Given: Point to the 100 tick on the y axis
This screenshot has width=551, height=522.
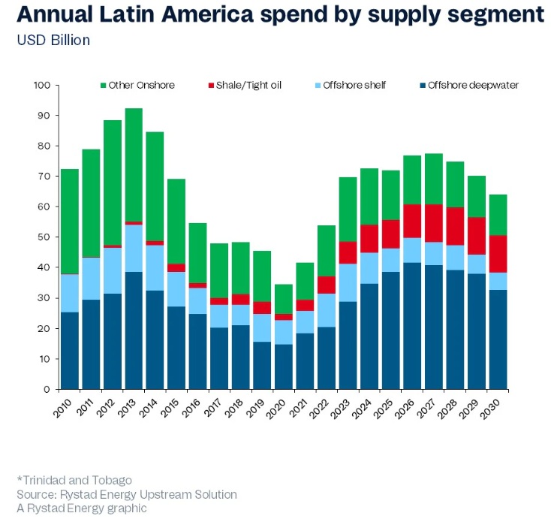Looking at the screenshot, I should click(x=41, y=85).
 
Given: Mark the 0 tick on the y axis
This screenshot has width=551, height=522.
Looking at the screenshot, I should click(x=47, y=389).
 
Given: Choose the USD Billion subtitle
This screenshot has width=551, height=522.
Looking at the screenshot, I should click(x=53, y=40).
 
